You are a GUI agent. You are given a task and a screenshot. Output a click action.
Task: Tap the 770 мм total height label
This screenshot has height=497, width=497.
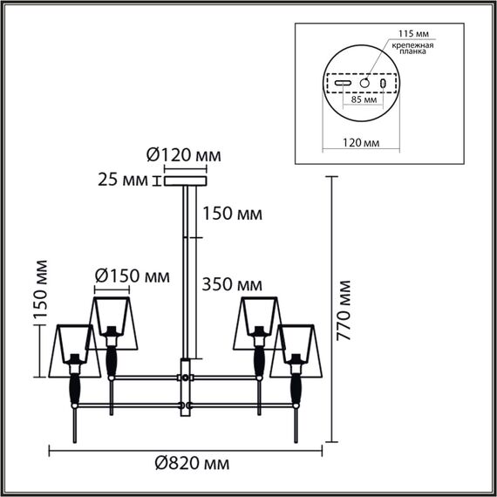pos(345,307)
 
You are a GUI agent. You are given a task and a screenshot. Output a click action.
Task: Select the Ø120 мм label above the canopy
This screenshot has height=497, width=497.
pos(183,155)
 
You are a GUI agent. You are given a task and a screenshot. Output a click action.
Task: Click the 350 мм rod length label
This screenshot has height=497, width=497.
pos(231,283)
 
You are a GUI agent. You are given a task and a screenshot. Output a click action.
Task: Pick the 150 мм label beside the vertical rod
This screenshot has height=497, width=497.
pos(231,214)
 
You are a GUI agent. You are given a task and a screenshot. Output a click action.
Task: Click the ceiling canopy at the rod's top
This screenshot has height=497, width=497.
pos(184,181)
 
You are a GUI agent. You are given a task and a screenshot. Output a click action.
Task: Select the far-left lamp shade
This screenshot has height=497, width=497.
pos(74,351)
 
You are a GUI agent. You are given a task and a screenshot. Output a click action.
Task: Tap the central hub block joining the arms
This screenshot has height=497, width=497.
pos(185,378)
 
